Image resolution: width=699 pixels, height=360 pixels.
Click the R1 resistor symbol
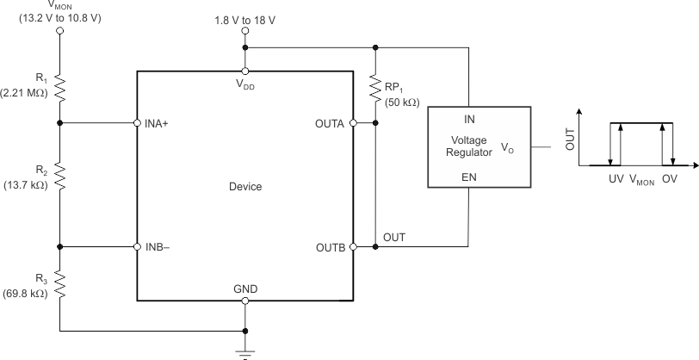point(59,86)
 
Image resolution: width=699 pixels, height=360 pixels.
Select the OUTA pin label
point(330,123)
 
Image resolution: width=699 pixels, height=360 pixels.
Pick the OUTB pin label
point(330,247)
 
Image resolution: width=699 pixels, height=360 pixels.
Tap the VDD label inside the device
point(246,85)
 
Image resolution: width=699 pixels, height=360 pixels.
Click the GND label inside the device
point(245,288)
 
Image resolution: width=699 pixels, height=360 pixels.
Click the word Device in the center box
point(245,185)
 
